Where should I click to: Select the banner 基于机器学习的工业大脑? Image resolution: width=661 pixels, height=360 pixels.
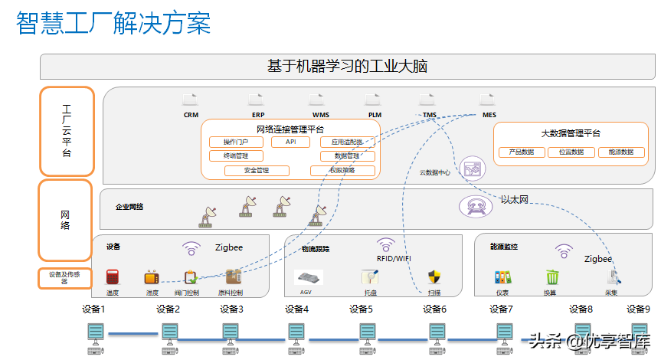coord(347,67)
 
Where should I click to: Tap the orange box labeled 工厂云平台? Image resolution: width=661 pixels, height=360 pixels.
coord(67,130)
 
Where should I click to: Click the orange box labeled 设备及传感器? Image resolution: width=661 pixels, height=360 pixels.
coord(66,278)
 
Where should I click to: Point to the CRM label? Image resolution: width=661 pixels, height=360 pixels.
coord(191,115)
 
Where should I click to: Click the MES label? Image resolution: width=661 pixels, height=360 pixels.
coord(489,115)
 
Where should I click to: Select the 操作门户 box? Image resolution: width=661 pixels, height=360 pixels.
coord(236,142)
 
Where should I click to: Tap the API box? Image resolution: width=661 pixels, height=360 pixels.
coord(290,142)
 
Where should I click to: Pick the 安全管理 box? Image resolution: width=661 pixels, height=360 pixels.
coord(257,170)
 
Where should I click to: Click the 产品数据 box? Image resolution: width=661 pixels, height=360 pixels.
coord(516,152)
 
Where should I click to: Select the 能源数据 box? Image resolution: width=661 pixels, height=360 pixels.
coord(620,152)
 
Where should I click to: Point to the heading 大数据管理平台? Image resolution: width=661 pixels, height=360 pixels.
coord(571,133)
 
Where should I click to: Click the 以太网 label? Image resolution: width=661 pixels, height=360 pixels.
coord(515,200)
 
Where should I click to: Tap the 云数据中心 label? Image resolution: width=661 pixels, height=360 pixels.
coord(434,172)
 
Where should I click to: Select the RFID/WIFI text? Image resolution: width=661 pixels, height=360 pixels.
coord(394,259)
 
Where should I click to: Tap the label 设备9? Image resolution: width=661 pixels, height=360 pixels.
coord(637,309)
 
